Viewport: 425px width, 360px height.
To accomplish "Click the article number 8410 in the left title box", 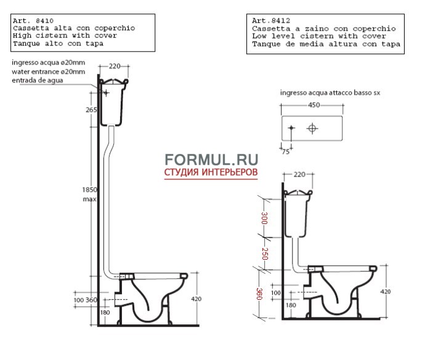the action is [x=45, y=20].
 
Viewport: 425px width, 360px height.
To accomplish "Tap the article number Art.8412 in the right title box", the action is [x=271, y=20].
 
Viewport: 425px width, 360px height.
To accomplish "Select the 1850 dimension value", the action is [x=90, y=190].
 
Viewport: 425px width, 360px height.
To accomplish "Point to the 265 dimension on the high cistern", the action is [x=91, y=110].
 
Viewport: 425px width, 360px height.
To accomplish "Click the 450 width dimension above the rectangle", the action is [x=314, y=105].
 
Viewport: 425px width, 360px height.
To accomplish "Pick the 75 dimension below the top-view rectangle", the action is [x=286, y=152].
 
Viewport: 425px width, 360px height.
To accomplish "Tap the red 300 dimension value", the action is [x=264, y=218].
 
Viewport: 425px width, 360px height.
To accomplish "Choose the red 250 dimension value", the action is [x=265, y=254].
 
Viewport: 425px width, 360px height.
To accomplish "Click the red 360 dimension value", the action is [x=259, y=294].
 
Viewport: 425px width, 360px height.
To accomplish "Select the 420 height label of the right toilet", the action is [x=386, y=292].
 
